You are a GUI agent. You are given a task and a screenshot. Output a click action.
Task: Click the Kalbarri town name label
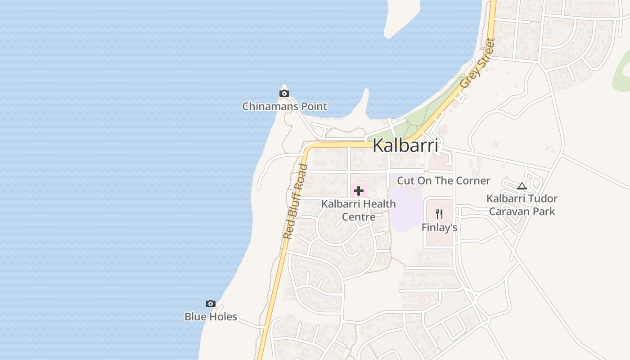tap(405, 145)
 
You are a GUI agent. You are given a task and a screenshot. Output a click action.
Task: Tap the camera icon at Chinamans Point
tap(284, 94)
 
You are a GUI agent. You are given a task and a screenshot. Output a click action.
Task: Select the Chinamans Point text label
tap(284, 107)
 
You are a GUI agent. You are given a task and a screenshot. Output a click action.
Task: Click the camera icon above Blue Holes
tap(210, 304)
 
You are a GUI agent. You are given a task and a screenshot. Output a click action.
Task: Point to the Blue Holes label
tap(211, 317)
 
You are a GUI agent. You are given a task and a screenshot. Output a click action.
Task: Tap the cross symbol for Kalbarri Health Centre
tap(359, 191)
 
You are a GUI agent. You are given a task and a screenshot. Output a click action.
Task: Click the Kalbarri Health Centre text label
tap(359, 210)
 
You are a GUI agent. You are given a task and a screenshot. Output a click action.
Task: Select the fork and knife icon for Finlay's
tap(439, 214)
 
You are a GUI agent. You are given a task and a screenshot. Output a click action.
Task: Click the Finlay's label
tap(439, 228)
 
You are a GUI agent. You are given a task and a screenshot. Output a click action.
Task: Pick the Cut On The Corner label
tap(443, 181)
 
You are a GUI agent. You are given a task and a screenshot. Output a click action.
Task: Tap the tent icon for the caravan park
tap(522, 185)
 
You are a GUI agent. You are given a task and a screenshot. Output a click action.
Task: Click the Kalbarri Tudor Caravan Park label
tap(522, 205)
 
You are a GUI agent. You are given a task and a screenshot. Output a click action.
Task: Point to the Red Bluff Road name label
tap(295, 202)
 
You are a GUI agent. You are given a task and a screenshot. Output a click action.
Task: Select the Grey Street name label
tap(477, 63)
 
